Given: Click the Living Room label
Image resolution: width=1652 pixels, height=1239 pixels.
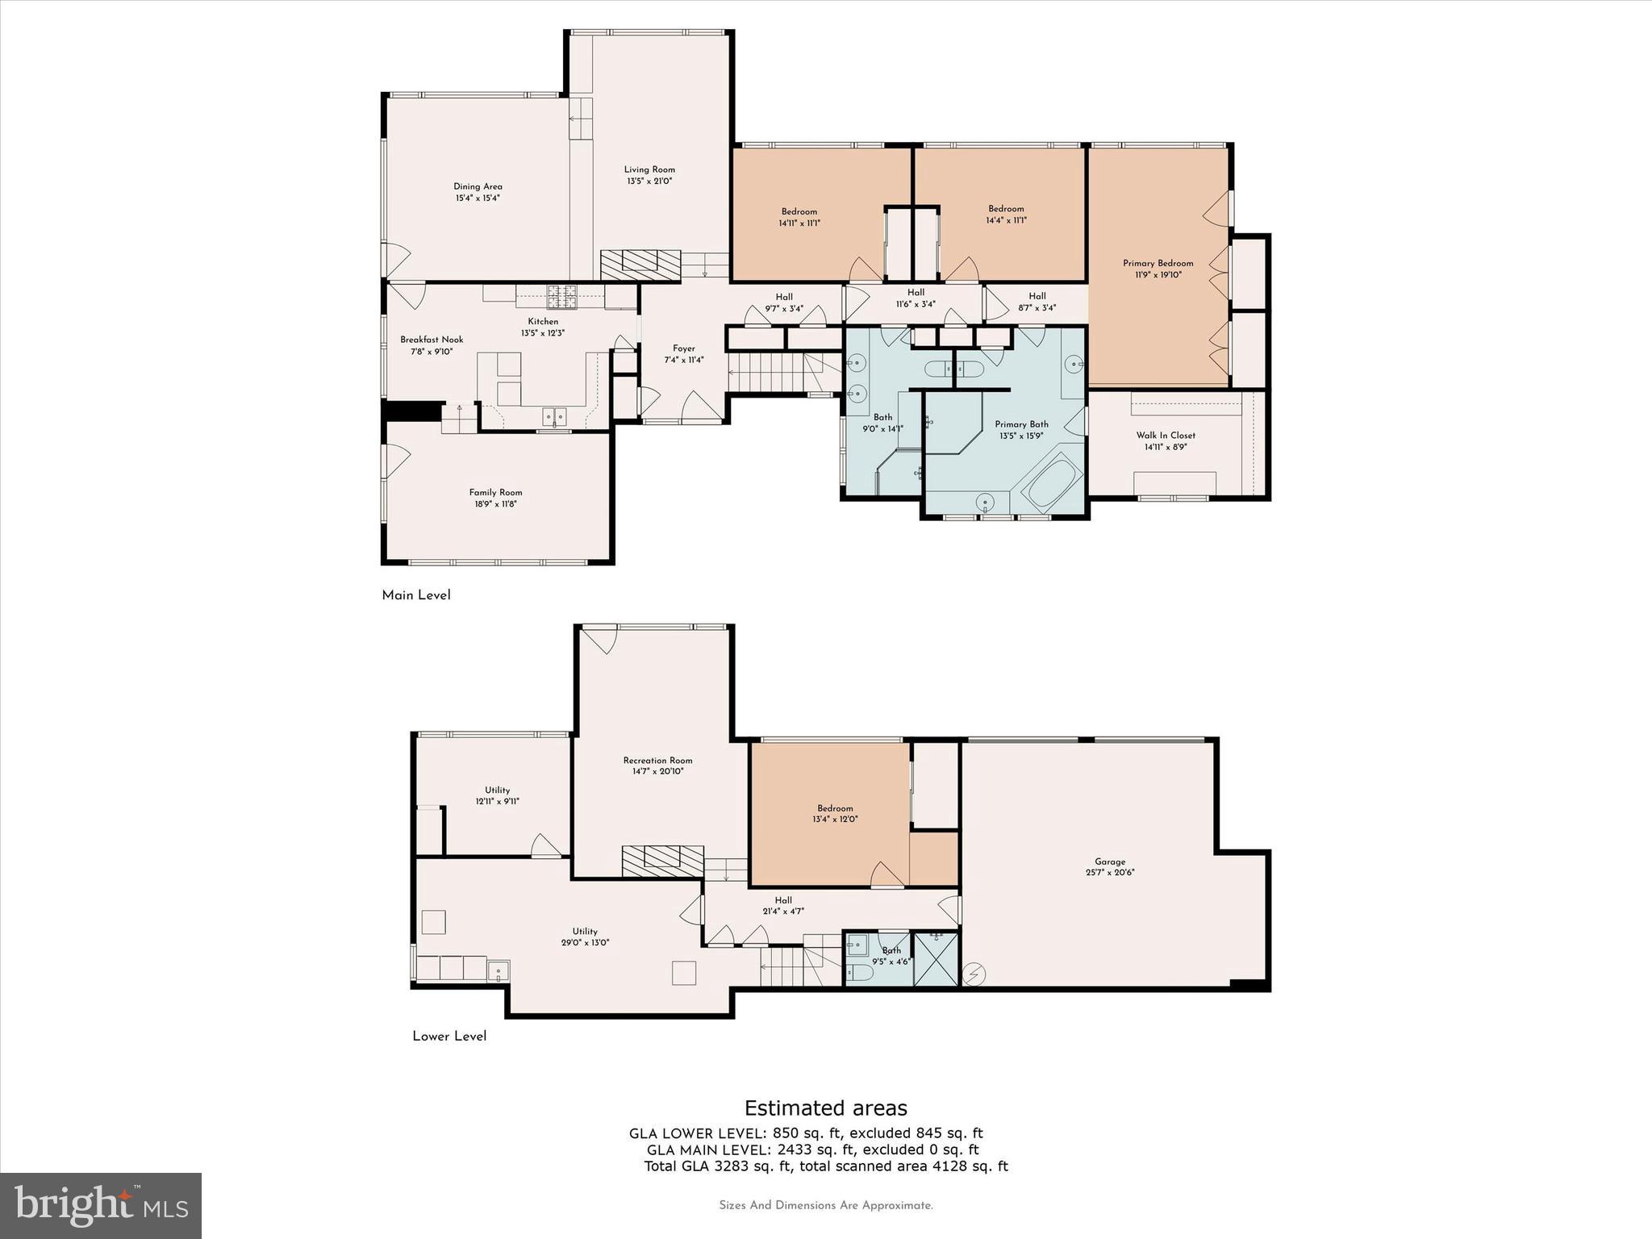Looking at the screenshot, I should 649,169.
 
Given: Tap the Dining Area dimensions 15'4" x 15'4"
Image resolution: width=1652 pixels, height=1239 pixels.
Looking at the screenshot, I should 478,198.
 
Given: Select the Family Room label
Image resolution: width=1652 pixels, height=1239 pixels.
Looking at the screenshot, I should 495,492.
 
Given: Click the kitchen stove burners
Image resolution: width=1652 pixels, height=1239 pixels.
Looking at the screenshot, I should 562,297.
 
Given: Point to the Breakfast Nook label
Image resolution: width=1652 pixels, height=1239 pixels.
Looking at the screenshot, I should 432,340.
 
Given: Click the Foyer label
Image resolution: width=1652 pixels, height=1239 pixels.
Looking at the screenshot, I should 684,348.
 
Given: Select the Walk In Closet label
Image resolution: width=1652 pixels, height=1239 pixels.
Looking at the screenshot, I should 1166,435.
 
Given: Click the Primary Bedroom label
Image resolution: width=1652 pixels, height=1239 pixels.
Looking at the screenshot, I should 1158,263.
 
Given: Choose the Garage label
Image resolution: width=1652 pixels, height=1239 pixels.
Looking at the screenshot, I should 1110,861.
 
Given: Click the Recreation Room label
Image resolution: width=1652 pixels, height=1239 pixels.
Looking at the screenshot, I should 657,760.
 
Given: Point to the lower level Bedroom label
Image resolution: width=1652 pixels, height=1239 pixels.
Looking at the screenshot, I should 835,808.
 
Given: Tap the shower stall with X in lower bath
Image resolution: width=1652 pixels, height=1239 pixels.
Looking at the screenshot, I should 937,958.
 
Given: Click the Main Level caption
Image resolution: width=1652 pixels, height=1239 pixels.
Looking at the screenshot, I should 416,595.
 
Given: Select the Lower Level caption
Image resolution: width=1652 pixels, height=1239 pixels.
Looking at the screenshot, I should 449,1037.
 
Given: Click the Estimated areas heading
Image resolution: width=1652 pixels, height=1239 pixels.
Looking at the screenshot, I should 825,1108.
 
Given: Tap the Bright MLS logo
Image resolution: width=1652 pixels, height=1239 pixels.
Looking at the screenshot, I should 101,1205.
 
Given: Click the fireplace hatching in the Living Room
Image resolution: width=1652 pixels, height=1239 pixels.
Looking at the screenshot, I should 641,265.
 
